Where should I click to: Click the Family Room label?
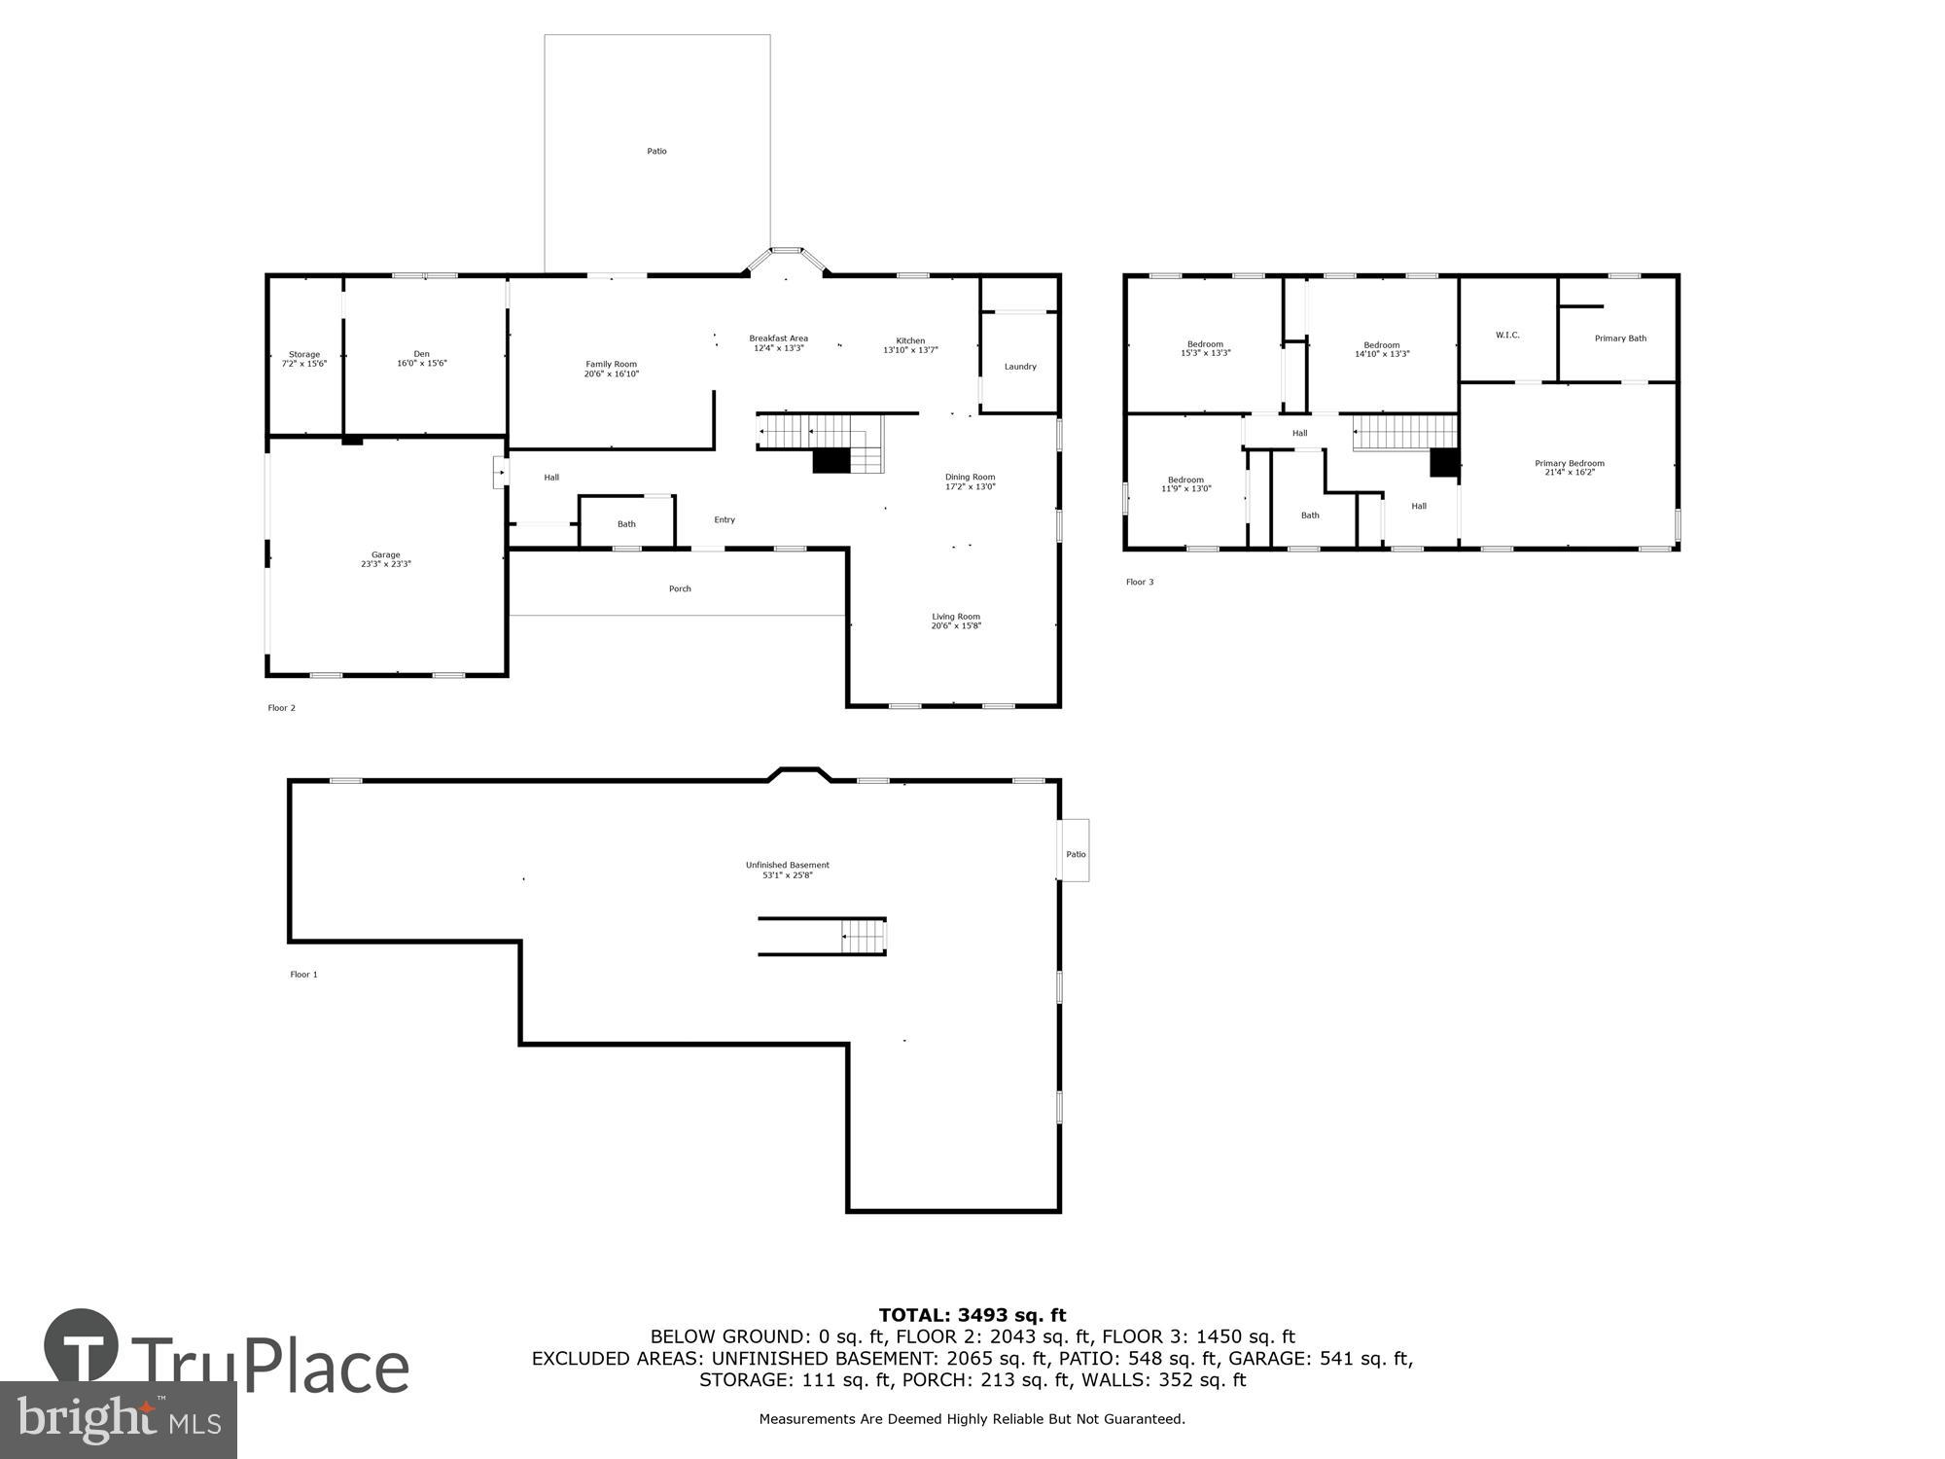pyautogui.click(x=611, y=365)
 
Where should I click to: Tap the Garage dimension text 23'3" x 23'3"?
pyautogui.click(x=385, y=564)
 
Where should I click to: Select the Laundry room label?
pyautogui.click(x=1020, y=367)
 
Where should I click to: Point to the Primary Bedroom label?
pyautogui.click(x=1569, y=463)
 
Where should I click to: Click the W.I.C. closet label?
pyautogui.click(x=1507, y=335)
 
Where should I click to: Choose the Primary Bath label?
pyautogui.click(x=1620, y=338)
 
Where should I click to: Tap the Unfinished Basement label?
pyautogui.click(x=787, y=865)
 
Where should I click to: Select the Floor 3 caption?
pyautogui.click(x=1139, y=582)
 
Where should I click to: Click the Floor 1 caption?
pyautogui.click(x=303, y=974)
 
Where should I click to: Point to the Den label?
pyautogui.click(x=421, y=354)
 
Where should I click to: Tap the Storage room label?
pyautogui.click(x=303, y=354)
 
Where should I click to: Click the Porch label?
pyautogui.click(x=680, y=588)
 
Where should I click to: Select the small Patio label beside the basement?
pyautogui.click(x=1075, y=854)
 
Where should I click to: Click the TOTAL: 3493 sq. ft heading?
pyautogui.click(x=972, y=1315)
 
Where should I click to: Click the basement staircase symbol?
pyautogui.click(x=864, y=937)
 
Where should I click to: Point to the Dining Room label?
pyautogui.click(x=970, y=477)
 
